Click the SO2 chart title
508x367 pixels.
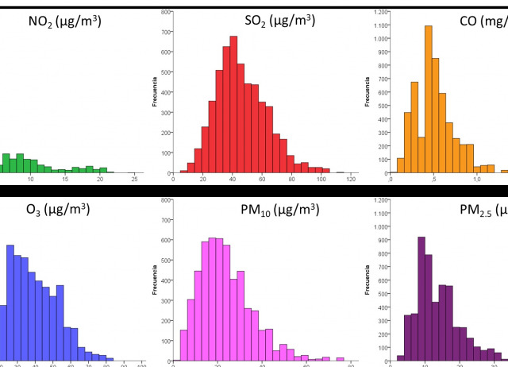pos(280,21)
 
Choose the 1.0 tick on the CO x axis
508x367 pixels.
pos(477,179)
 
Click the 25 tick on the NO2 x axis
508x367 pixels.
pos(134,179)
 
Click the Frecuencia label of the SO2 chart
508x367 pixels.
pos(156,92)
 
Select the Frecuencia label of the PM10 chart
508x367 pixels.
pos(156,280)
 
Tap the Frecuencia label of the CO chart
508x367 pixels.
pos(368,92)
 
